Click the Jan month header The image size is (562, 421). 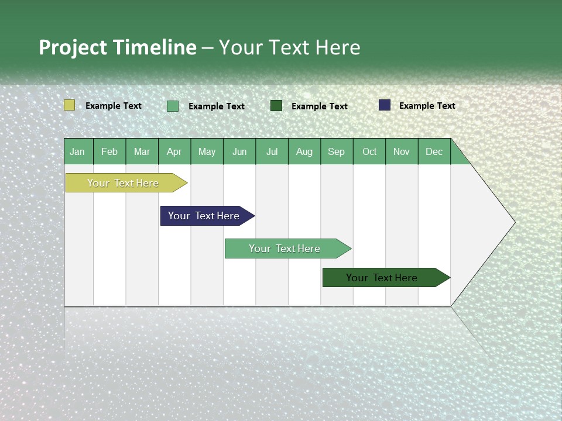[78, 151]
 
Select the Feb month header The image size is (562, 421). [109, 151]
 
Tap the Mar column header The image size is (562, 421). [142, 151]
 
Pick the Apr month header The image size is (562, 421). [174, 151]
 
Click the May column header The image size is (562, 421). [207, 151]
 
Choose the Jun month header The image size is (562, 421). [239, 151]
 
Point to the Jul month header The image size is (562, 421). [272, 151]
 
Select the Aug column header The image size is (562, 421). [304, 151]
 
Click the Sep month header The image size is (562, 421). [337, 151]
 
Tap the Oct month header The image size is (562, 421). [369, 151]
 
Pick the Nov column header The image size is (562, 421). [402, 151]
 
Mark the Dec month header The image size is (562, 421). [434, 151]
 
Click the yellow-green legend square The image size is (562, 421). [70, 105]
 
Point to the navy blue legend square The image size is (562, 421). [385, 105]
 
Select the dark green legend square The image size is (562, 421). [276, 105]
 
